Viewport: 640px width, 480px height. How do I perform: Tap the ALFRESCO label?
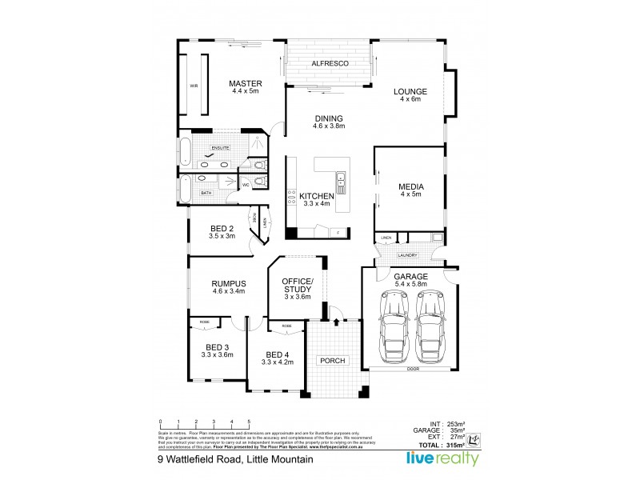coord(329,62)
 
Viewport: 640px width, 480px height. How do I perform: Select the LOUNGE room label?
coord(410,91)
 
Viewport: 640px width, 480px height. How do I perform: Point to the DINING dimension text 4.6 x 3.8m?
coord(328,127)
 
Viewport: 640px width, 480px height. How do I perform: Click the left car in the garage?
coord(392,325)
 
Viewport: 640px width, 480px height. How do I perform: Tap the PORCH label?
coord(332,361)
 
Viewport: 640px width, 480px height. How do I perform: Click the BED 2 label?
coord(222,228)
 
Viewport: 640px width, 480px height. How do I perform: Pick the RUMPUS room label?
coord(228,283)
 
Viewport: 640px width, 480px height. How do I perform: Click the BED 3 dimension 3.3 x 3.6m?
coord(217,354)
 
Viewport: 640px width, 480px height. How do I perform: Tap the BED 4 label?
coord(277,354)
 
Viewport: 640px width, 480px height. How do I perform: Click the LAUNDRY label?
coord(409,255)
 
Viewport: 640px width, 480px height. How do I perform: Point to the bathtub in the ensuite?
coord(185,151)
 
